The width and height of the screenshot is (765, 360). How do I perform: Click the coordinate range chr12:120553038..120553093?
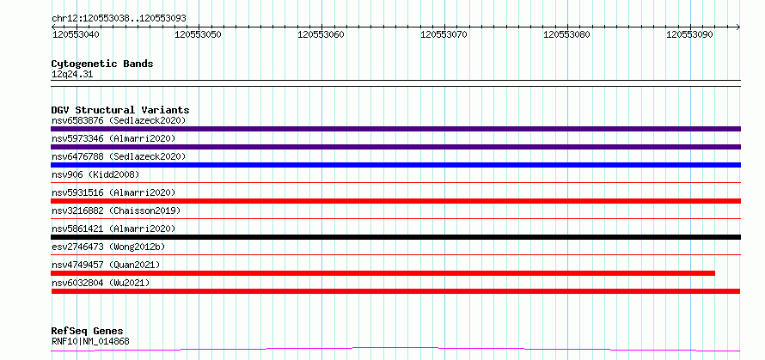[x=119, y=19]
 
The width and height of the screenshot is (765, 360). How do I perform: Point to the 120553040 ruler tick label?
[x=75, y=34]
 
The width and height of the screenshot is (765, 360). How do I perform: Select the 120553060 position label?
[x=321, y=34]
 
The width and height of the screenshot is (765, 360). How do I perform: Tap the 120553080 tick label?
[x=566, y=34]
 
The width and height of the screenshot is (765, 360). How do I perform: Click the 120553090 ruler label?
[x=689, y=34]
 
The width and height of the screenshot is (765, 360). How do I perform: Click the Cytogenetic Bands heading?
[x=102, y=64]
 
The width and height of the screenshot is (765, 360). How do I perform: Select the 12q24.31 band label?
[x=72, y=75]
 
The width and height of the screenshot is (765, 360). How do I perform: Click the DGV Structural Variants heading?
[x=120, y=110]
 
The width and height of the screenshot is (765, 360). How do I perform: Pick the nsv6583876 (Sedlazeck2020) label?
[x=119, y=120]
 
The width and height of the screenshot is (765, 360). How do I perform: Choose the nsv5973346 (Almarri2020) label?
[x=113, y=138]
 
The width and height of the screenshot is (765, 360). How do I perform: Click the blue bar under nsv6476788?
[x=395, y=165]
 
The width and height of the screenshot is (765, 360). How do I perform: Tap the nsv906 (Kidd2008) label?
[x=95, y=174]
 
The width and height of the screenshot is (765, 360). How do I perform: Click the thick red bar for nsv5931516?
[x=395, y=201]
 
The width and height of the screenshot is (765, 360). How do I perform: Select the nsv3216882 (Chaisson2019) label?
[x=116, y=211]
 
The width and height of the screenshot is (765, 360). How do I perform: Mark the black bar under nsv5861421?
[x=395, y=237]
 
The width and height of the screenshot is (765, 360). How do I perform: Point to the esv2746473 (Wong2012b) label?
[x=108, y=247]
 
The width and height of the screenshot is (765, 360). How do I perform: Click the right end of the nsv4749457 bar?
[x=714, y=273]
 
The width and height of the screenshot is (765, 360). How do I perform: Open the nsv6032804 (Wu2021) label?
[x=101, y=283]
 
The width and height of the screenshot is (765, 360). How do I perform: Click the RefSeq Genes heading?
[x=87, y=332]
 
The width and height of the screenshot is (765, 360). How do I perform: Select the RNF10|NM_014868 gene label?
[x=90, y=341]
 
